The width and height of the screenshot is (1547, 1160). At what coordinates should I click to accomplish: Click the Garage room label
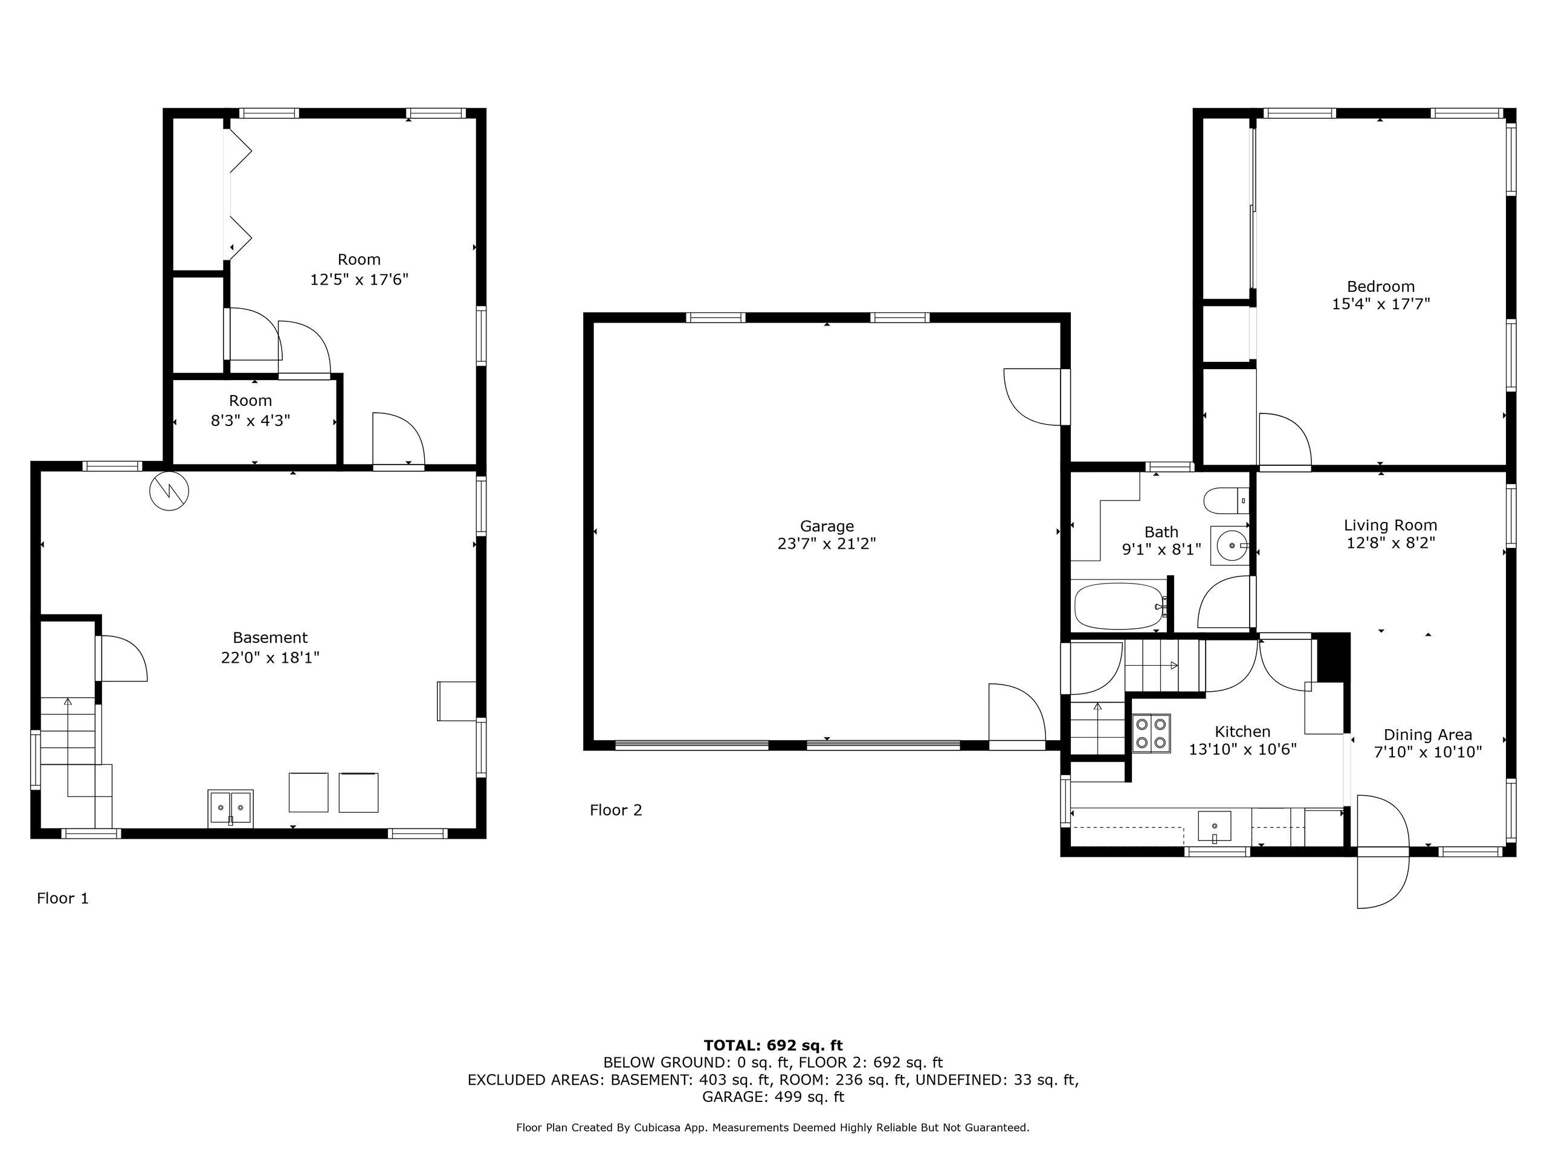[827, 526]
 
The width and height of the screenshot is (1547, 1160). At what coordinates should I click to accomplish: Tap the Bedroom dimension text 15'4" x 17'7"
[1381, 304]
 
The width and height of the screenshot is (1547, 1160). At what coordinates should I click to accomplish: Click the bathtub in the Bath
[1119, 606]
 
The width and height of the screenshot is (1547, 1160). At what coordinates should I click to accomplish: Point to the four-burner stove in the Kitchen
[1151, 733]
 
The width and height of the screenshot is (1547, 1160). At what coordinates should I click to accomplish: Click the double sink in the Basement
[230, 808]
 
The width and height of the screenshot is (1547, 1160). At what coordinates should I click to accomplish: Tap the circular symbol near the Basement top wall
[169, 492]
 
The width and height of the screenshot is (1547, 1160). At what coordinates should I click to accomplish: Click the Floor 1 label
[63, 898]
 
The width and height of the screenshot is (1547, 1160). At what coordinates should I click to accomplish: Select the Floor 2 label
[615, 810]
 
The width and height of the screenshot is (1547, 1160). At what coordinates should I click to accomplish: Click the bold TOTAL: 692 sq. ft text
[773, 1045]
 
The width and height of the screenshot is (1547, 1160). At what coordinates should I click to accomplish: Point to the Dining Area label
[1427, 735]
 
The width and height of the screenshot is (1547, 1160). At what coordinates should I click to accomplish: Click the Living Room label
[1390, 525]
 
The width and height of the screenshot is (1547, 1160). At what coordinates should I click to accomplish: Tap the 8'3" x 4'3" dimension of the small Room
[250, 421]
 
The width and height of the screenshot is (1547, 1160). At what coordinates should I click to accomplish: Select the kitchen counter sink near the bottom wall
[1214, 826]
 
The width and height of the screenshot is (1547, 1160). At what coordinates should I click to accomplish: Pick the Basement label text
[270, 637]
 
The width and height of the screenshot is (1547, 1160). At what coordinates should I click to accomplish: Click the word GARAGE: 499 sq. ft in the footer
[773, 1097]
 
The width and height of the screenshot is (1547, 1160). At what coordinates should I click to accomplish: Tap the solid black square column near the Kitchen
[1332, 656]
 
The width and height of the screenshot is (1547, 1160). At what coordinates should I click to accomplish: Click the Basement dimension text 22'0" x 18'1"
[270, 658]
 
